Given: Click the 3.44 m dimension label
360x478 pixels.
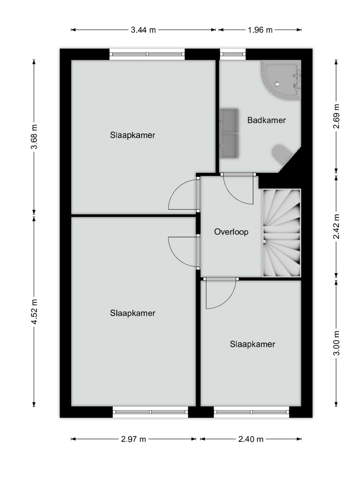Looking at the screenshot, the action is pos(143,30).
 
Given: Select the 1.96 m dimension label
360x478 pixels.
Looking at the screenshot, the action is pos(260,30).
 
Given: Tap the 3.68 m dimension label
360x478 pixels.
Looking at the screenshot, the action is pos(34,137).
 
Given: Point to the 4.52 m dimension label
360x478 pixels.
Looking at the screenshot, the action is pos(34,312).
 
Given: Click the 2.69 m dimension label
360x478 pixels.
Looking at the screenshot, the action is pos(336,116).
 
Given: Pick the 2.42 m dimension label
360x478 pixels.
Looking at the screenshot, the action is pos(336,226).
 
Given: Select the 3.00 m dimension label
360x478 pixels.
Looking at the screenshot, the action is pos(336,343).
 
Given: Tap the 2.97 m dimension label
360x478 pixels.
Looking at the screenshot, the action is pos(133,439).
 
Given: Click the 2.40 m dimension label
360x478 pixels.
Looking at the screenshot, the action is pos(251,439).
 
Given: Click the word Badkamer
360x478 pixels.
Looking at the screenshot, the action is pos(267,120).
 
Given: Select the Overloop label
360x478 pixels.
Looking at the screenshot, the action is pos(231,232).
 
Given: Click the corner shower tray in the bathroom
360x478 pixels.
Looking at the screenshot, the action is pos(281,80).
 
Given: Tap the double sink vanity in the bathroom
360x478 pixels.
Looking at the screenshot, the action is pos(229,133).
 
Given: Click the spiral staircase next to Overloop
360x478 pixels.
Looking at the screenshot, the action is pos(282,233).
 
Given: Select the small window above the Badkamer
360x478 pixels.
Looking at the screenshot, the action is pos(233,54).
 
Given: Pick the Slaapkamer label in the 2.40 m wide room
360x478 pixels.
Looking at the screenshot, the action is pos(252,344).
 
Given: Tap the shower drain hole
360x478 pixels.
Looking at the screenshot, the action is pos(277,84).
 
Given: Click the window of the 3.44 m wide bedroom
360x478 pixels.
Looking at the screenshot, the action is pos(147,54).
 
